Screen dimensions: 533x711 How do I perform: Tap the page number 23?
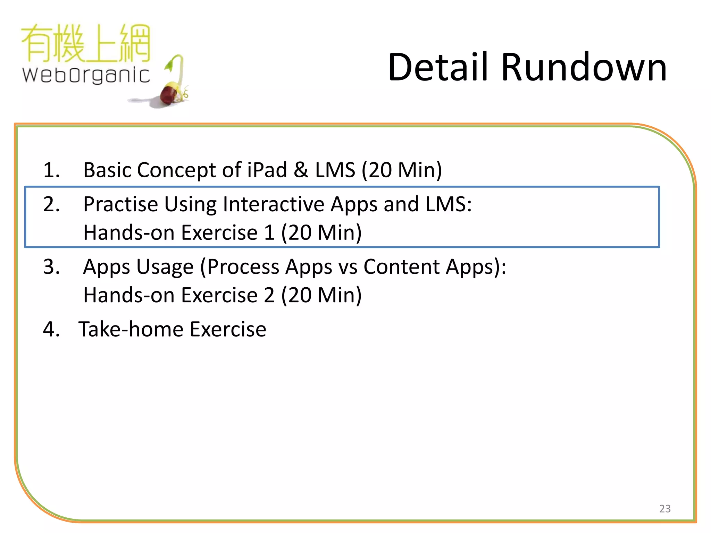664,508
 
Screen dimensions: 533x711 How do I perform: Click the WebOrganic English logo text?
86,75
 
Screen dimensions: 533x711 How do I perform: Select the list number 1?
51,170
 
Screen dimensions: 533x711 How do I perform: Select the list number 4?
51,329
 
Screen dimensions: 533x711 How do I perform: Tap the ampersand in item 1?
301,170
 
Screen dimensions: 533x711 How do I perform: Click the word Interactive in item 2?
273,204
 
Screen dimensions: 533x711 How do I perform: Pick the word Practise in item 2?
120,204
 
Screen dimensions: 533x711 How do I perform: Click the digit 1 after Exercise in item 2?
269,232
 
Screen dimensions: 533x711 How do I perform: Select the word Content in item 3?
401,267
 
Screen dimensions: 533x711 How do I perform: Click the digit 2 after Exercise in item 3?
269,295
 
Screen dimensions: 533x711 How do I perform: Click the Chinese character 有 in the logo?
37,43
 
